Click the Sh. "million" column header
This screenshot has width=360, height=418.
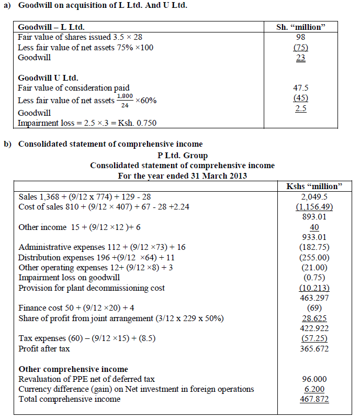pyautogui.click(x=300, y=27)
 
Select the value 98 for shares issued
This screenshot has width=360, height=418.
pyautogui.click(x=300, y=37)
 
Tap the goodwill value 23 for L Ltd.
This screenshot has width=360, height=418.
pyautogui.click(x=300, y=58)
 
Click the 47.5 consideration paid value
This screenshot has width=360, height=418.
pyautogui.click(x=300, y=88)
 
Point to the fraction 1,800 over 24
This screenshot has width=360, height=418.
pyautogui.click(x=125, y=100)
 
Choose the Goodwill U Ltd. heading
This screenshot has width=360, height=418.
pyautogui.click(x=48, y=78)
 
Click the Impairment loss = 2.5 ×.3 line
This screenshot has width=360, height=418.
pyautogui.click(x=87, y=123)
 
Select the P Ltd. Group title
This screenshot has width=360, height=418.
pyautogui.click(x=182, y=156)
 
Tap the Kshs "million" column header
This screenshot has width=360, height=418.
pyautogui.click(x=314, y=186)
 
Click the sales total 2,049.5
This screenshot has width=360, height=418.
pyautogui.click(x=314, y=196)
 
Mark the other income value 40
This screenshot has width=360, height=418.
pyautogui.click(x=314, y=227)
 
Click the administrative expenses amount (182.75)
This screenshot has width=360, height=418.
pyautogui.click(x=314, y=247)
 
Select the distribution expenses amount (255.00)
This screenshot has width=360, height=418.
pyautogui.click(x=314, y=258)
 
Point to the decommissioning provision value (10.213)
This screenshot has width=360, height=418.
pyautogui.click(x=314, y=288)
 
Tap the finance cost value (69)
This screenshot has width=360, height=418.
pyautogui.click(x=314, y=309)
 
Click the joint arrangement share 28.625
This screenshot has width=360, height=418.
pyautogui.click(x=314, y=318)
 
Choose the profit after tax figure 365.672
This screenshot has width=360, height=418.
pyautogui.click(x=314, y=349)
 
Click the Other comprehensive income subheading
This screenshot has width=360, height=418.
pyautogui.click(x=73, y=369)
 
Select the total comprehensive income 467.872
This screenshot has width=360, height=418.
pyautogui.click(x=314, y=400)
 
